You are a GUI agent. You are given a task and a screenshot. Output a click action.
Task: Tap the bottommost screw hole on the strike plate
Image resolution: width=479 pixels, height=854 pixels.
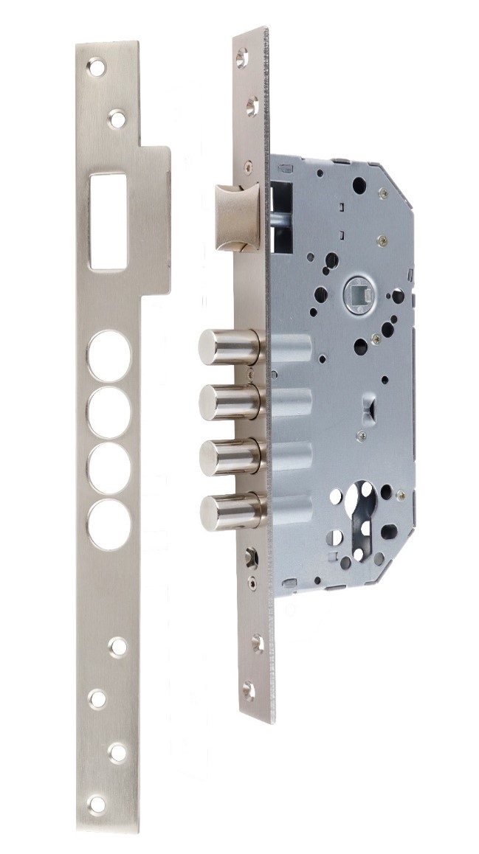point(96,803)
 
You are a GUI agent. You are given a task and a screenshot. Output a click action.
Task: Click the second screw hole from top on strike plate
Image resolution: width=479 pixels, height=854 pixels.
point(117,118)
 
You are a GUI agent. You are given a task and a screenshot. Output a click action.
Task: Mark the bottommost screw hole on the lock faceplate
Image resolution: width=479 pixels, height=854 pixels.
point(249,691)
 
